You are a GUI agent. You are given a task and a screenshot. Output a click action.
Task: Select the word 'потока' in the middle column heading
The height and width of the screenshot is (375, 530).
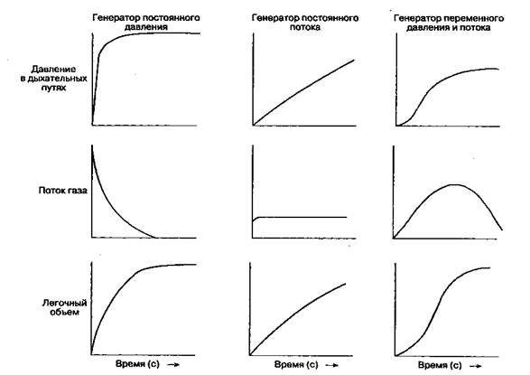[x=305, y=27]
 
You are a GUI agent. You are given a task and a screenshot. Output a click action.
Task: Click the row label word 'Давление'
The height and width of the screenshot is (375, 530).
[x=53, y=70]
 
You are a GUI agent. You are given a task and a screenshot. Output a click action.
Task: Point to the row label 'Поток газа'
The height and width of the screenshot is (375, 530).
[x=63, y=191]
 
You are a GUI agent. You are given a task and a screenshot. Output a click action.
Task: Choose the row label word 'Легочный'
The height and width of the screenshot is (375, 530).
[x=65, y=303]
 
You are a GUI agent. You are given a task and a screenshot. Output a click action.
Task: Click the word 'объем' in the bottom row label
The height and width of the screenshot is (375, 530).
[x=65, y=312]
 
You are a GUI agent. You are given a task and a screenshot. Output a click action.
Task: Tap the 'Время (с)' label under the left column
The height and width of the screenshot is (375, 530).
[x=137, y=364]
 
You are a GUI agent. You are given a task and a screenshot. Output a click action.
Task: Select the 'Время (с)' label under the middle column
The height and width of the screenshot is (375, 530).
[x=296, y=365]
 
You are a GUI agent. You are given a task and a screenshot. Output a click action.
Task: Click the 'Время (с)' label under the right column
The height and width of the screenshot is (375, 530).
[x=440, y=365]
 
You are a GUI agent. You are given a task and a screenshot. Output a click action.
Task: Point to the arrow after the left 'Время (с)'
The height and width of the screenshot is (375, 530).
[x=173, y=365]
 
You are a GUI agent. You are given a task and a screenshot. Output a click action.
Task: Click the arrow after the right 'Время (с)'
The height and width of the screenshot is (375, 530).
[x=476, y=366]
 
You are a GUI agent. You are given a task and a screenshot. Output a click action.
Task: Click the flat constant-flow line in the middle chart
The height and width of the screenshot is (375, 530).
[x=300, y=217]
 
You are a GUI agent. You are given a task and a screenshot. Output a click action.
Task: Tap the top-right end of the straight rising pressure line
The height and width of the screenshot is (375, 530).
[x=354, y=60]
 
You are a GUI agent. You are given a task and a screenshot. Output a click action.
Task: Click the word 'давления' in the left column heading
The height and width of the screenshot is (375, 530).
[x=146, y=27]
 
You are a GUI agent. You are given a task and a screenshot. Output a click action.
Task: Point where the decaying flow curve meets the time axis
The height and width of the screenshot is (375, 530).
[x=155, y=238]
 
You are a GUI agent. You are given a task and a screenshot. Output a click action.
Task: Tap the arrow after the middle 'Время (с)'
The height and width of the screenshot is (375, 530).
[x=332, y=366]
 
